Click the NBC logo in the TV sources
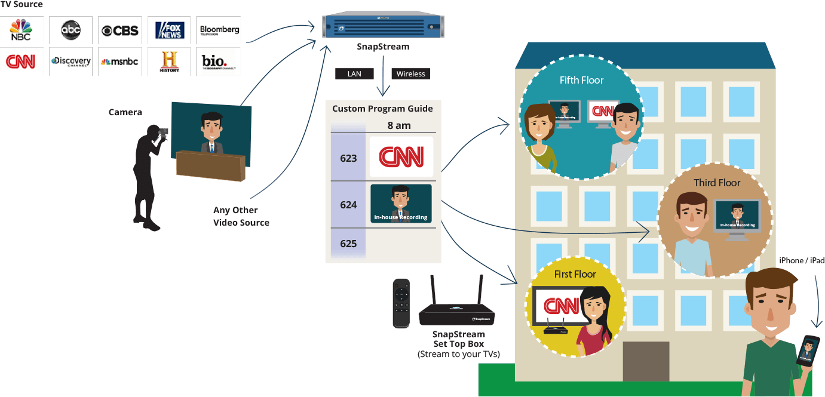click(22, 30)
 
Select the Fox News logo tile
click(169, 30)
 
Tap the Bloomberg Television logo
click(219, 30)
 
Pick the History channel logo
click(169, 61)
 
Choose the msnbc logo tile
click(119, 61)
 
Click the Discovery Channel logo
click(70, 61)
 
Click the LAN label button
click(354, 74)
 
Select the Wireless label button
click(410, 74)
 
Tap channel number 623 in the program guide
click(348, 158)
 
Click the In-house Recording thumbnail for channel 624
click(401, 204)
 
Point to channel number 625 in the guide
click(348, 244)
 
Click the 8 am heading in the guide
click(399, 126)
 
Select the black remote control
click(401, 303)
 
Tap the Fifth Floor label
click(581, 80)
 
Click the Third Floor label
click(717, 183)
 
